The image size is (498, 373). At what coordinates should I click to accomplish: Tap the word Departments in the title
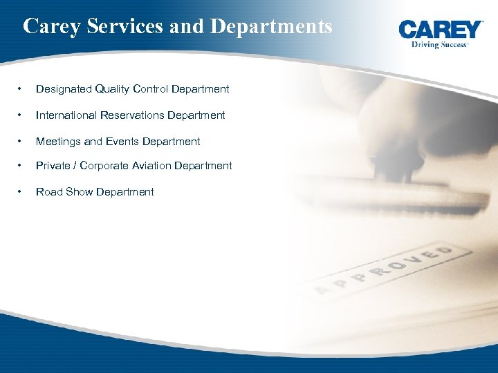pos(271,26)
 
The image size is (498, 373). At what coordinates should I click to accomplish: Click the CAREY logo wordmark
pos(441,30)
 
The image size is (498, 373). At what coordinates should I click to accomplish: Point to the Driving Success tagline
pos(440,44)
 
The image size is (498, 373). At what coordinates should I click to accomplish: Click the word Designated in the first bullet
pos(63,89)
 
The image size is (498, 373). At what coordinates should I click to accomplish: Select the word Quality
pos(112,89)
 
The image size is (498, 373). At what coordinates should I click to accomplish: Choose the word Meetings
pos(58,142)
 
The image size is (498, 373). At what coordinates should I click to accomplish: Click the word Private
pos(53,166)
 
